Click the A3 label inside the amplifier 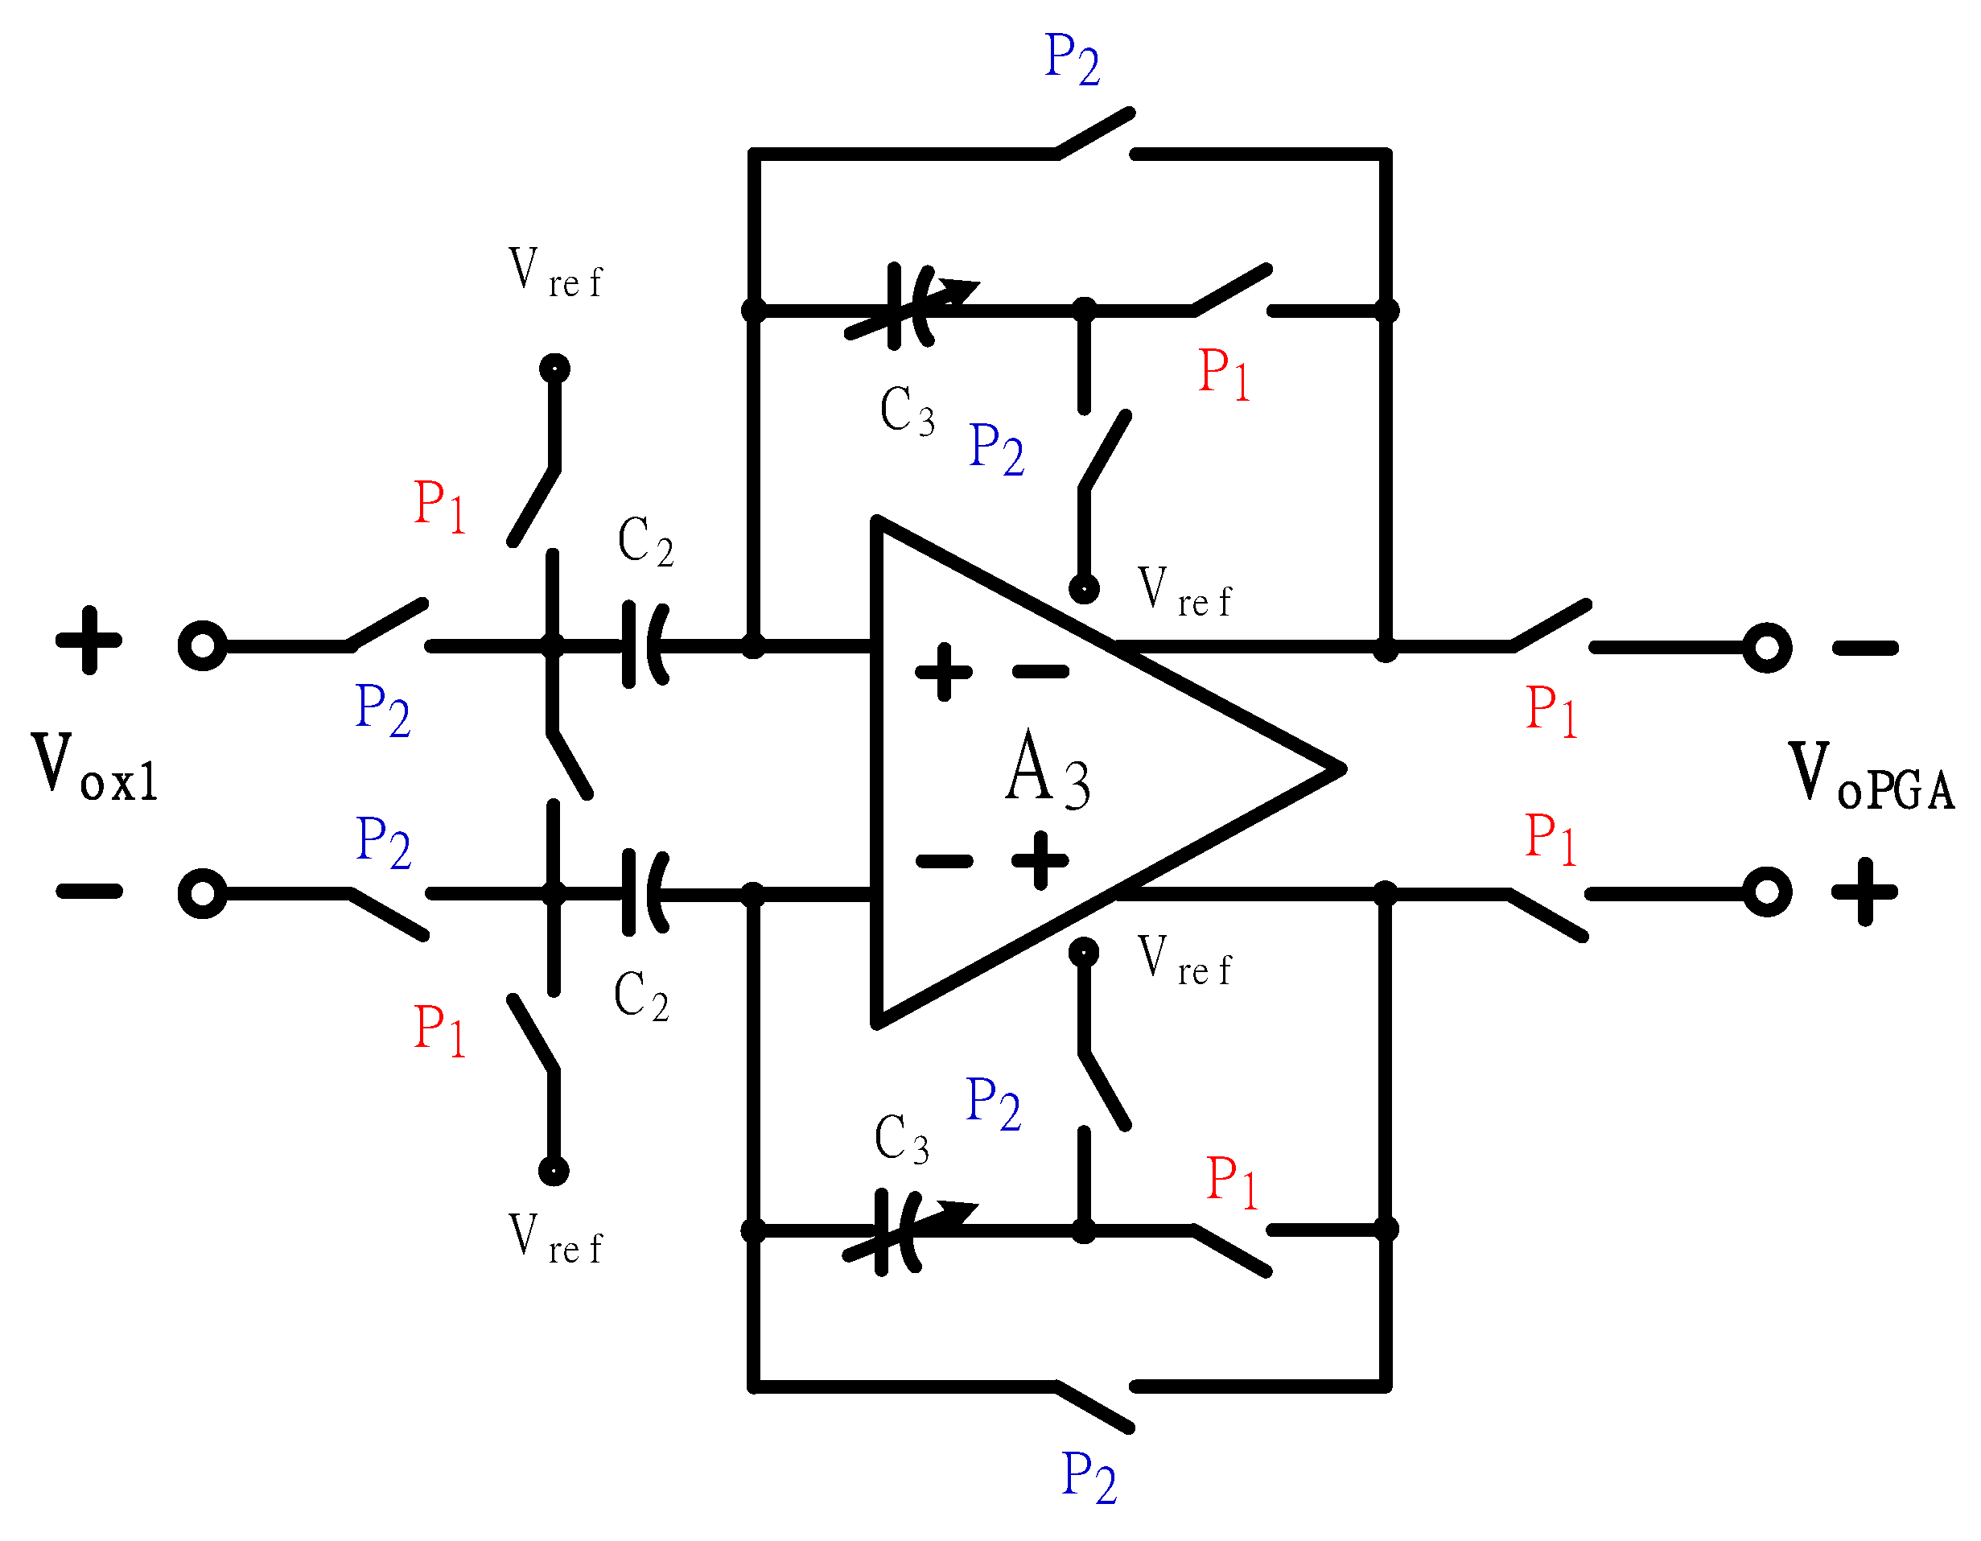[1048, 770]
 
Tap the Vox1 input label [94, 769]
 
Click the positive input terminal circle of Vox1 [202, 646]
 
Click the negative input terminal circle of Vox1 [202, 893]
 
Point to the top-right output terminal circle [1766, 648]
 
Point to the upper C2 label [645, 542]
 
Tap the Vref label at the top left [554, 271]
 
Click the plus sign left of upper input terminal [89, 641]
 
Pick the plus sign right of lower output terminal [1865, 892]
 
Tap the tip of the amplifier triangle [1341, 769]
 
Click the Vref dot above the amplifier [1084, 589]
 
